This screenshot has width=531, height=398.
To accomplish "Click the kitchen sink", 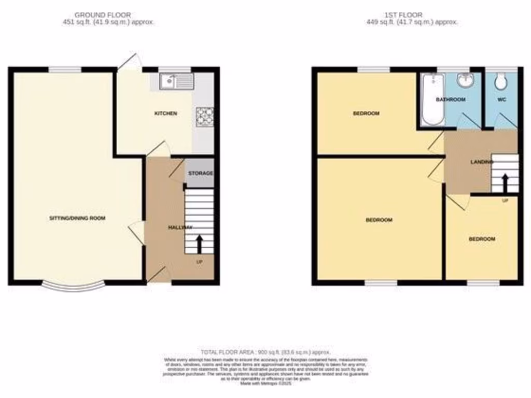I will pyautogui.click(x=177, y=81).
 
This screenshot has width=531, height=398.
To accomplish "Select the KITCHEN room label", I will pyautogui.click(x=165, y=113).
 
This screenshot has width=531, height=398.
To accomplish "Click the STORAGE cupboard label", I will pyautogui.click(x=200, y=173).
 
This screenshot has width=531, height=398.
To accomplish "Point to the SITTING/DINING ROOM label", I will pyautogui.click(x=77, y=218).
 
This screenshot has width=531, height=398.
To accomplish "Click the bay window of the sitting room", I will pyautogui.click(x=74, y=286).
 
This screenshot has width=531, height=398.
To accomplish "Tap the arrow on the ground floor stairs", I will pyautogui.click(x=199, y=244).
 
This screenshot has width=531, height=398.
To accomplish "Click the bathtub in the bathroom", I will pyautogui.click(x=432, y=99).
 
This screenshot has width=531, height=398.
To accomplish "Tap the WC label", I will pyautogui.click(x=501, y=99).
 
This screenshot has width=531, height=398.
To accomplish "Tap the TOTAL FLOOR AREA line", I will pyautogui.click(x=265, y=352).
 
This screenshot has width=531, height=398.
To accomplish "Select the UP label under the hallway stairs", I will pyautogui.click(x=199, y=262).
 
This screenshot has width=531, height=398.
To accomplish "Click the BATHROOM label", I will pyautogui.click(x=451, y=99).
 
